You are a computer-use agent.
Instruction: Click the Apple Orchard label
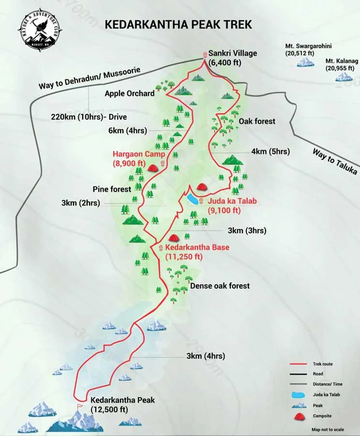(129, 93)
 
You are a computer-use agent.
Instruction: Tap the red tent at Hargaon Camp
(153, 168)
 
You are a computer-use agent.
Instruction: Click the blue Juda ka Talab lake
(192, 200)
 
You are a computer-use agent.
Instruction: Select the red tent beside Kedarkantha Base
(173, 237)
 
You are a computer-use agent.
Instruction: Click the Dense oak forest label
(220, 286)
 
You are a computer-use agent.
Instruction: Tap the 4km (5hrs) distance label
(270, 151)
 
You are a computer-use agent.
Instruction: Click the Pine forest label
(112, 189)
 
